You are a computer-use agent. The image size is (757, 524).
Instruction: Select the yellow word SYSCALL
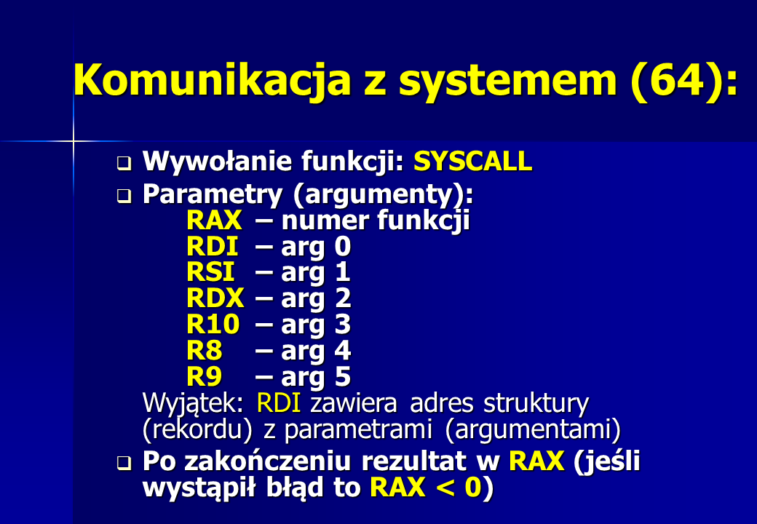[472, 161]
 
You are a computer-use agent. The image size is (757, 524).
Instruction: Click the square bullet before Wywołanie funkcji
[124, 163]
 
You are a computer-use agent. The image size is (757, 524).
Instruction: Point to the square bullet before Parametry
[124, 196]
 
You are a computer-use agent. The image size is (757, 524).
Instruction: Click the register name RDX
[215, 298]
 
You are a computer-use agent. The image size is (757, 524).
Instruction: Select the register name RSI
[210, 271]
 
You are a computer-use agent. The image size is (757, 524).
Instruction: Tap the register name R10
[213, 324]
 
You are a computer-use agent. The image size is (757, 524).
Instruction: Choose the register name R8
[205, 350]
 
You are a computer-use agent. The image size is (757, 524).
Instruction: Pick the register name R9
[205, 376]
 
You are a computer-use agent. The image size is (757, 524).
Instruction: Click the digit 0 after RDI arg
[342, 246]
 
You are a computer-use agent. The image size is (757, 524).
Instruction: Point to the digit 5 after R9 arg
[342, 376]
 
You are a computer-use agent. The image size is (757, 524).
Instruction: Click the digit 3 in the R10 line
[342, 324]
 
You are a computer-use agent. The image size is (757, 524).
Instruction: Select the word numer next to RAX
[325, 221]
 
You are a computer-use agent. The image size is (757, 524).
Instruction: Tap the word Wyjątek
[193, 403]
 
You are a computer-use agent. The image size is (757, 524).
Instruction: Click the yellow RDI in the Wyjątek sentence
[279, 403]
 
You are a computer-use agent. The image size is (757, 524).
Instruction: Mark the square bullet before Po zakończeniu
[124, 463]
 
